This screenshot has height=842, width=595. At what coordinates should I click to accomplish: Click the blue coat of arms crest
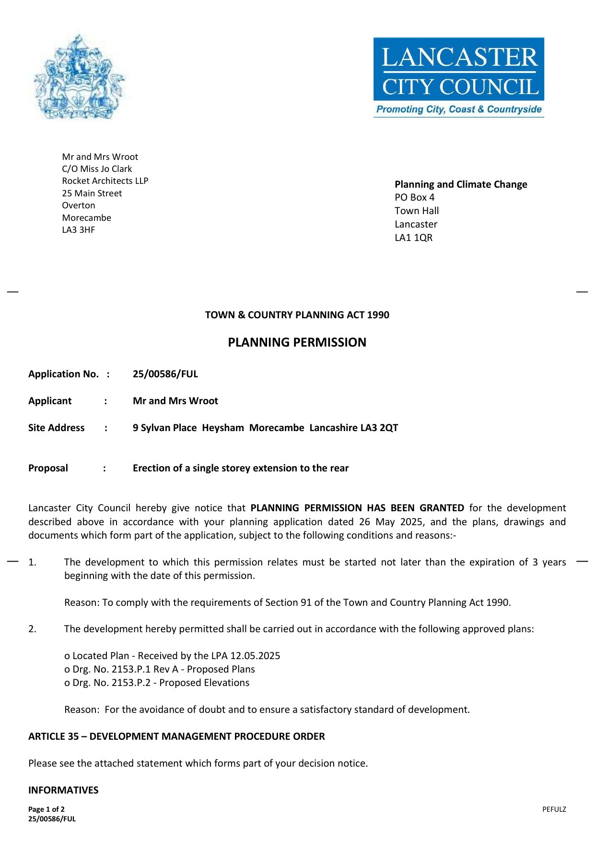click(x=79, y=77)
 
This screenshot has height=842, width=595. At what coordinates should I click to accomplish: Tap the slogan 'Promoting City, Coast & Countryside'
click(x=459, y=109)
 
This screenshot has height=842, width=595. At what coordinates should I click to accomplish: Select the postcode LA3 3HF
click(x=79, y=230)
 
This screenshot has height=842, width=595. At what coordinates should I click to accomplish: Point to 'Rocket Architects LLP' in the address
click(x=105, y=181)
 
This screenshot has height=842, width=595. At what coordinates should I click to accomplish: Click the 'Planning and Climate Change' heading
click(x=461, y=184)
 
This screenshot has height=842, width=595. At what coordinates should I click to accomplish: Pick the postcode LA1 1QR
click(x=413, y=238)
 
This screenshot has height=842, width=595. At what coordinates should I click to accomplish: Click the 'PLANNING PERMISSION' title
click(x=297, y=342)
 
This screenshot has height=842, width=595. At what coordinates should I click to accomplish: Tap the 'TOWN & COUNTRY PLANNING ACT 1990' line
click(x=297, y=315)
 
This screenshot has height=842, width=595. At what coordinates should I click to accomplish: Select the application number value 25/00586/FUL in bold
click(x=165, y=374)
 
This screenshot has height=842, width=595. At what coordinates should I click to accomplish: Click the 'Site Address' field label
click(x=56, y=428)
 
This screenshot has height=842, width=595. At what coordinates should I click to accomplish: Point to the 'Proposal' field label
click(x=48, y=468)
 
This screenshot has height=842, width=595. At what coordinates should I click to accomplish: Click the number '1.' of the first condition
click(x=32, y=562)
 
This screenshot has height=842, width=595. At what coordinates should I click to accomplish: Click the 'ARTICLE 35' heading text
click(x=53, y=736)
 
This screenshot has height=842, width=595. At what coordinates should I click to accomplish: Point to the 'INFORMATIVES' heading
click(x=63, y=790)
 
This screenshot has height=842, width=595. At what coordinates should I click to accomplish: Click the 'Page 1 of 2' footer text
click(x=47, y=809)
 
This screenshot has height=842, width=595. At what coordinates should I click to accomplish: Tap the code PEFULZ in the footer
click(x=554, y=809)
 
